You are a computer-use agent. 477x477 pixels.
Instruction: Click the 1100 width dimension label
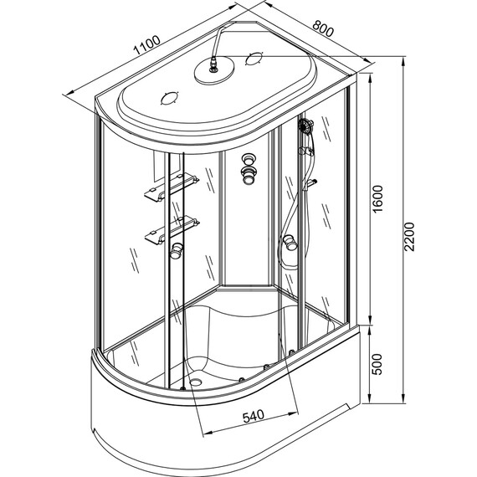pos(146,45)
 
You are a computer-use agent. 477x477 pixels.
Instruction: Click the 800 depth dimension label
pos(323,28)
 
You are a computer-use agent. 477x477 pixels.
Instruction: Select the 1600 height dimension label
pos(377,199)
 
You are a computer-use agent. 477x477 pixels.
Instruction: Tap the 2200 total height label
pos(409,237)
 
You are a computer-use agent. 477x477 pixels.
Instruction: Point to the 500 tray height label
pos(377,364)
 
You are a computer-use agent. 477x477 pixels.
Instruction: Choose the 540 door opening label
pos(254,416)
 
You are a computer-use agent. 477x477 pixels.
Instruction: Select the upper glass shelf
pos(172,187)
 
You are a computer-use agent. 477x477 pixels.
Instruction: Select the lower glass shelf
pos(172,230)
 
